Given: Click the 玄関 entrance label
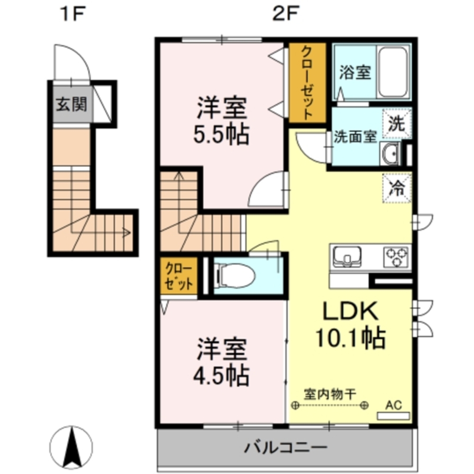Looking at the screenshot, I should click(72, 104).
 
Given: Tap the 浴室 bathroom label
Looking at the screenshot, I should click(355, 73).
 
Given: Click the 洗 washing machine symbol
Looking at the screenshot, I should click(397, 124).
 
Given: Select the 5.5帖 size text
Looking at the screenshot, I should click(221, 135).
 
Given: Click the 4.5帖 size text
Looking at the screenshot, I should click(221, 375).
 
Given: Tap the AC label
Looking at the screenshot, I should click(393, 405).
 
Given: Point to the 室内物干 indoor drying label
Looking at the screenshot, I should click(330, 393).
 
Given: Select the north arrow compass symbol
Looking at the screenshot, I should click(72, 447).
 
